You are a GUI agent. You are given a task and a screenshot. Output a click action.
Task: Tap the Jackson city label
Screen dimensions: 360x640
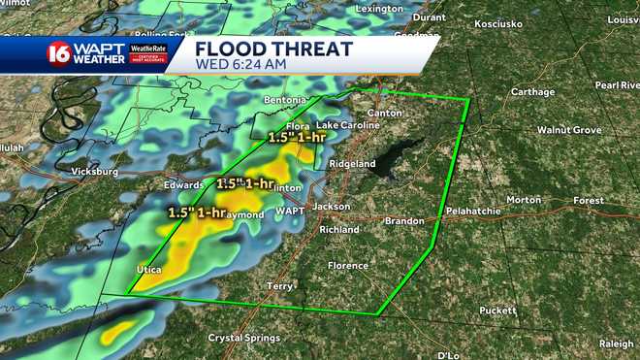click(331, 207)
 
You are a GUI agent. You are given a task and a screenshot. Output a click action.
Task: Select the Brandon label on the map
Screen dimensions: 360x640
click(404, 221)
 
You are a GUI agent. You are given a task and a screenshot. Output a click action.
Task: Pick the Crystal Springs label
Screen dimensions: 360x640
click(243, 338)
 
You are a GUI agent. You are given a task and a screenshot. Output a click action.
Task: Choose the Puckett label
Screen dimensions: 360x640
click(497, 311)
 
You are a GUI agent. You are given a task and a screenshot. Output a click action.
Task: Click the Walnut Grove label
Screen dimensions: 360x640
click(569, 130)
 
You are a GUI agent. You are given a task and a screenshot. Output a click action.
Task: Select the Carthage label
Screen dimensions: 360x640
click(533, 92)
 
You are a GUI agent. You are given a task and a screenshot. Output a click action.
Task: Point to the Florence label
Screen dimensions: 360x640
click(347, 266)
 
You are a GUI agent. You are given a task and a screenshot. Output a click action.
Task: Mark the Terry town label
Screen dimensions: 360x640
click(279, 286)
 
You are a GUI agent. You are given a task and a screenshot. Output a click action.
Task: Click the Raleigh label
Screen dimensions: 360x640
click(616, 344)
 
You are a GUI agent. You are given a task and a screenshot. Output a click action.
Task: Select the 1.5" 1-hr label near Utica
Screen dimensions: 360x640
click(197, 212)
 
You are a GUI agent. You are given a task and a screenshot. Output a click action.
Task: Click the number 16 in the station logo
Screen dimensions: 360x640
click(60, 53)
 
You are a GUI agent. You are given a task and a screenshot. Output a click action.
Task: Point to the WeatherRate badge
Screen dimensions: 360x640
click(148, 52)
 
